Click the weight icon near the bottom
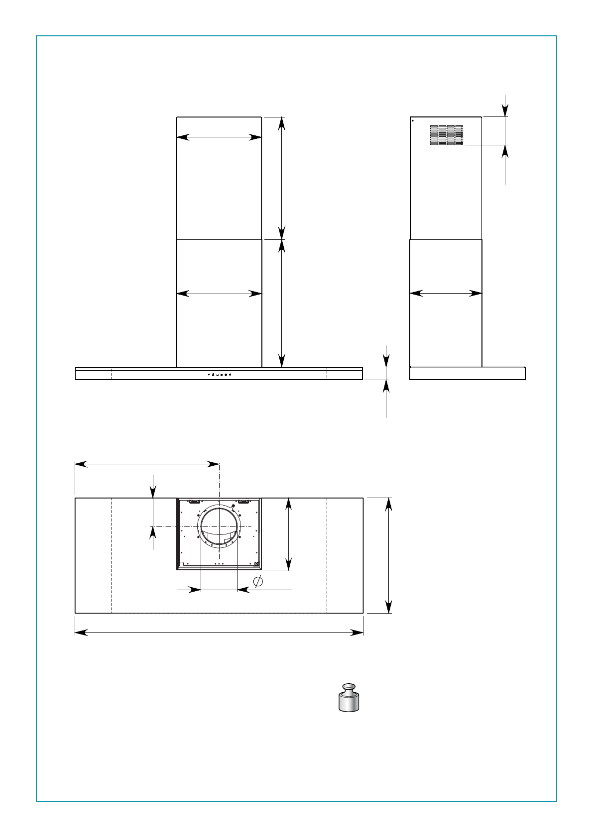click(349, 697)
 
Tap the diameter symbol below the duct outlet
click(258, 581)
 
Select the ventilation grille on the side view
click(447, 135)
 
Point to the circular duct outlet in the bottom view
click(219, 526)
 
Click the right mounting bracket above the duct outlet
click(243, 502)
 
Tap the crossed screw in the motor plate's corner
click(256, 564)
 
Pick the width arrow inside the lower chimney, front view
click(219, 294)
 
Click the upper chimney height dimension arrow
click(282, 178)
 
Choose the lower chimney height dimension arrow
click(282, 304)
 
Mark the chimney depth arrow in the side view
click(446, 294)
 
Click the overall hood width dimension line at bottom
click(219, 632)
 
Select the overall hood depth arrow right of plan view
click(389, 555)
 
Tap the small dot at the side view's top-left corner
click(413, 120)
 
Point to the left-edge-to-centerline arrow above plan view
click(147, 464)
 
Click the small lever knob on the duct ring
click(233, 506)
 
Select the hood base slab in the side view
click(467, 373)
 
